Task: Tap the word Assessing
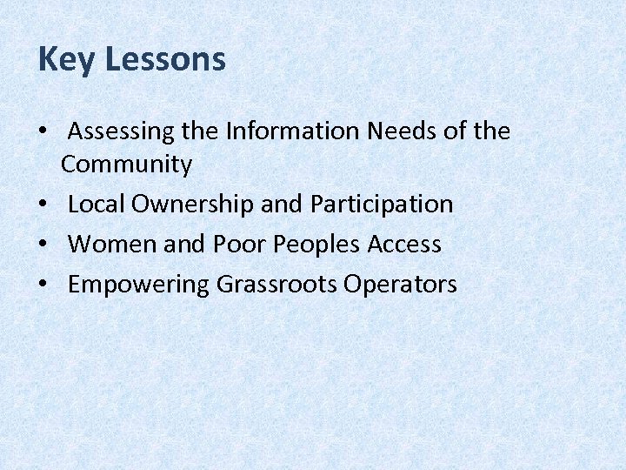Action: (x=123, y=132)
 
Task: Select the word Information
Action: (x=293, y=131)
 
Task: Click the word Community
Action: (x=126, y=164)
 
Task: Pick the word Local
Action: (x=97, y=204)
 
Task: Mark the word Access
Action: (x=404, y=245)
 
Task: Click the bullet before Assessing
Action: (x=43, y=133)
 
